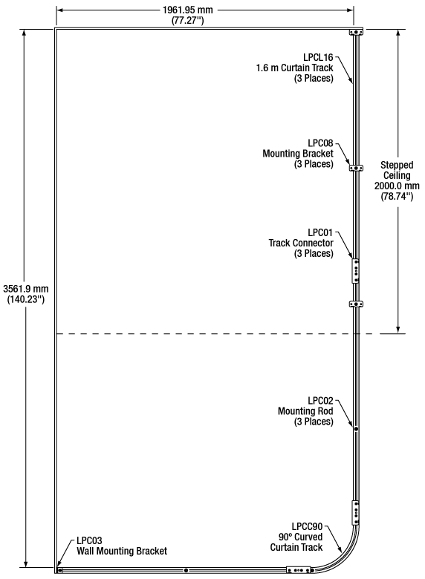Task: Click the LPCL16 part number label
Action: (318, 57)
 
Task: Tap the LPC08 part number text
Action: (320, 143)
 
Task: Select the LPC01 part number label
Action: (320, 232)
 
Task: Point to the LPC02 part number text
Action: (320, 401)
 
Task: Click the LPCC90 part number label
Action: (307, 526)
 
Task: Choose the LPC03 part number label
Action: (89, 540)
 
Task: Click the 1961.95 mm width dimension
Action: (188, 10)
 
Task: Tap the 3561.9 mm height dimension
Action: (26, 289)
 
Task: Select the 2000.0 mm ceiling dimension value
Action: (397, 186)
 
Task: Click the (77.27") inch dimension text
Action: (188, 20)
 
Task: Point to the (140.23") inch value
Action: (26, 299)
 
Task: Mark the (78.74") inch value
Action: (397, 196)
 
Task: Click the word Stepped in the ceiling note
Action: (397, 165)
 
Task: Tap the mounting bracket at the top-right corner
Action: (356, 32)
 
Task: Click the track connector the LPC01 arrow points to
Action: (355, 271)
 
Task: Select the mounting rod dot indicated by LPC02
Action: (356, 429)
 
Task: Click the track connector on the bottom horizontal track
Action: (299, 570)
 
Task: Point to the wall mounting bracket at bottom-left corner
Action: (59, 570)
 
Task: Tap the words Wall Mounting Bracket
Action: (122, 551)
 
